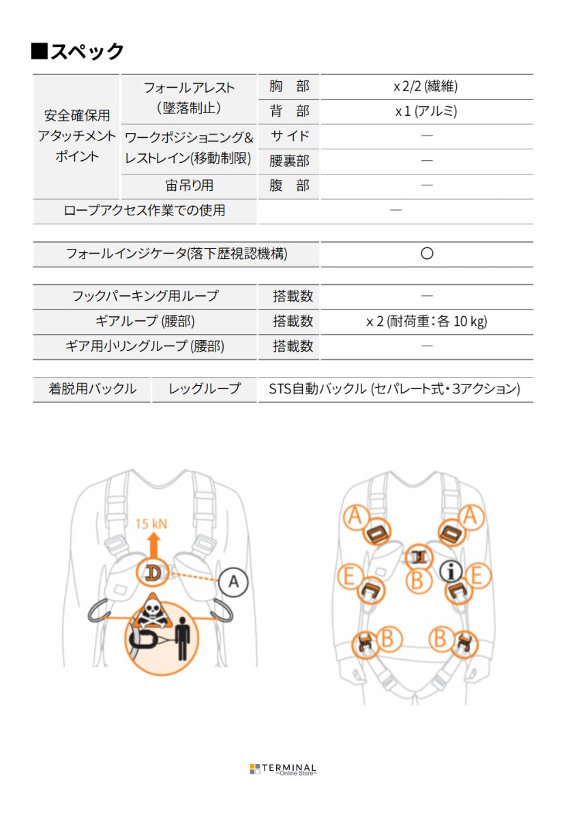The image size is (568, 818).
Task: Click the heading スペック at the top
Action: click(78, 51)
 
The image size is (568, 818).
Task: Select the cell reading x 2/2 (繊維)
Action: click(426, 87)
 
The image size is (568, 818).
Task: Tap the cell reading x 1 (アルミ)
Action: click(426, 111)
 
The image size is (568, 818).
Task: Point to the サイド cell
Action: click(289, 136)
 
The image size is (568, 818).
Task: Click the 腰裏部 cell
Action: click(289, 161)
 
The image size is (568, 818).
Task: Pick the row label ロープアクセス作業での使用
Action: click(144, 211)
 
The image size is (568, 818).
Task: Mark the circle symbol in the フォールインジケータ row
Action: click(427, 254)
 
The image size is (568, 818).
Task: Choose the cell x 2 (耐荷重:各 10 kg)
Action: click(426, 321)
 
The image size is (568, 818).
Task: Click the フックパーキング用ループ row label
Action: click(145, 296)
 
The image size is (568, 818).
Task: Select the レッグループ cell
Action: click(205, 389)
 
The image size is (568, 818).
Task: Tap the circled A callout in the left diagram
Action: click(234, 582)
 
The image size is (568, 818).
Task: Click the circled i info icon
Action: click(451, 570)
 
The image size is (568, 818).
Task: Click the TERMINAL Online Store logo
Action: click(283, 769)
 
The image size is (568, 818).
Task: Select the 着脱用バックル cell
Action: click(92, 389)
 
